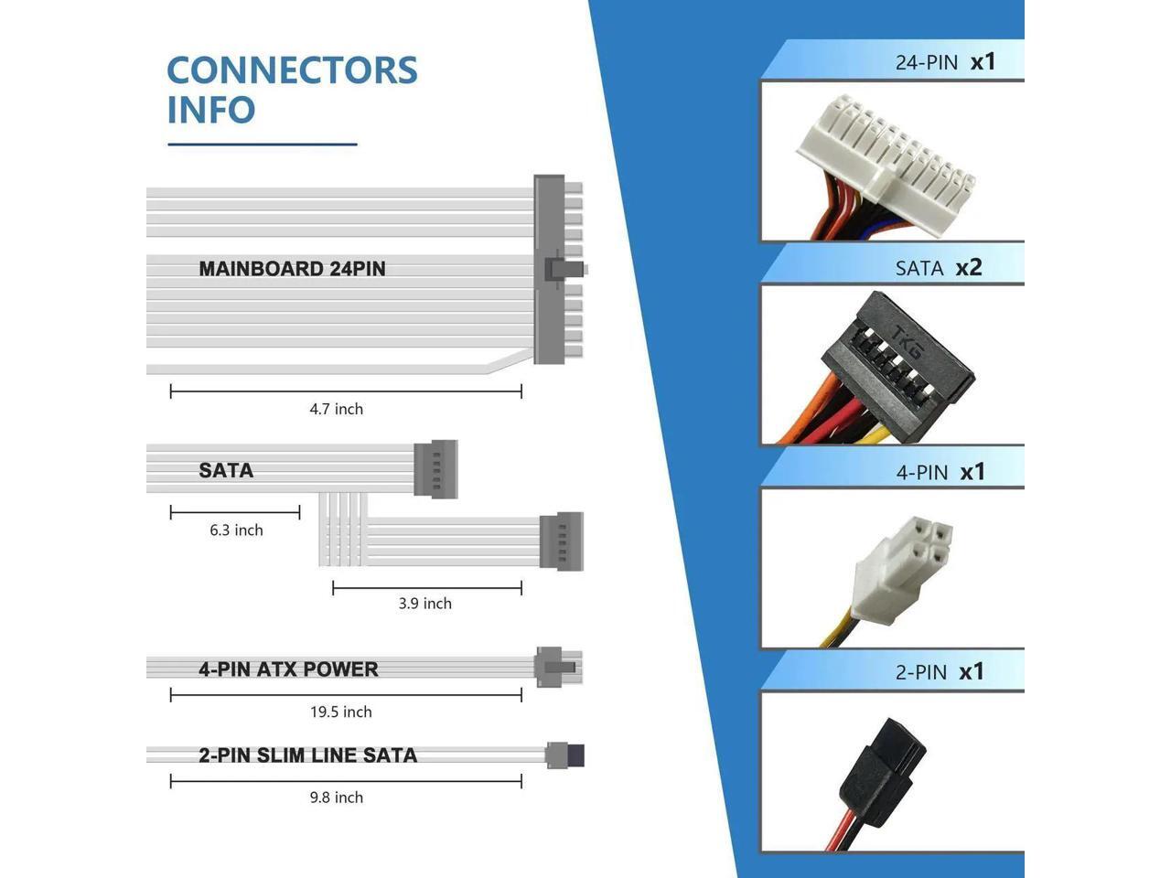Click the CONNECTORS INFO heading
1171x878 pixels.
292,90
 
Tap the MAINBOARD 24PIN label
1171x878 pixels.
292,269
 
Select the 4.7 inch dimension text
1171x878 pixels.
336,409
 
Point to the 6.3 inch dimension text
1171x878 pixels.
236,530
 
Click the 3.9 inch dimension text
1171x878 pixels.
424,603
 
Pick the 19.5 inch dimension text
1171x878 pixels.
340,712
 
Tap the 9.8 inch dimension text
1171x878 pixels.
336,798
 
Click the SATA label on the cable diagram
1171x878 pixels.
226,470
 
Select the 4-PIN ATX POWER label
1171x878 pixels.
288,669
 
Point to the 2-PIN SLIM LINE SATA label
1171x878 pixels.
307,755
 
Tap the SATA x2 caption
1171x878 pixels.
938,267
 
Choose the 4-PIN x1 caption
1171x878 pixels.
940,472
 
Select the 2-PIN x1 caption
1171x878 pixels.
939,671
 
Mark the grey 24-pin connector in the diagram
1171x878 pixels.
550,270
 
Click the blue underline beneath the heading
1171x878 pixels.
262,144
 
